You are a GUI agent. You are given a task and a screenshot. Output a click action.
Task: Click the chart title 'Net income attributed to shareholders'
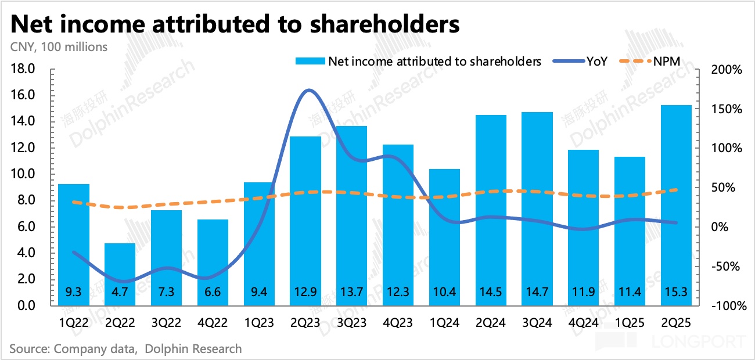click(x=235, y=24)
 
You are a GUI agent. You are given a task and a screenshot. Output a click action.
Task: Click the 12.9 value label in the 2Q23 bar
click(x=305, y=292)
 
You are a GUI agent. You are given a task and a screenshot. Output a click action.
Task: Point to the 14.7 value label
click(x=537, y=292)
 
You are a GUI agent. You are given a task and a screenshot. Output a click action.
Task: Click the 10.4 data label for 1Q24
click(x=444, y=292)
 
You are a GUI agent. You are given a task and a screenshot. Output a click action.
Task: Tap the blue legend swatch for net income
click(x=310, y=61)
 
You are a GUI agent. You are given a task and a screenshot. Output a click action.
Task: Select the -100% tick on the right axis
click(x=724, y=306)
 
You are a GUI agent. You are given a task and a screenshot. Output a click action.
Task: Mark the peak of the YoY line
click(x=309, y=90)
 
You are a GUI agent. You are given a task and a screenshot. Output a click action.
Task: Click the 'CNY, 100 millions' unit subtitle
click(x=58, y=47)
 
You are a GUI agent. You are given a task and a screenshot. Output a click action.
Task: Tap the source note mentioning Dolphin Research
click(x=125, y=349)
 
